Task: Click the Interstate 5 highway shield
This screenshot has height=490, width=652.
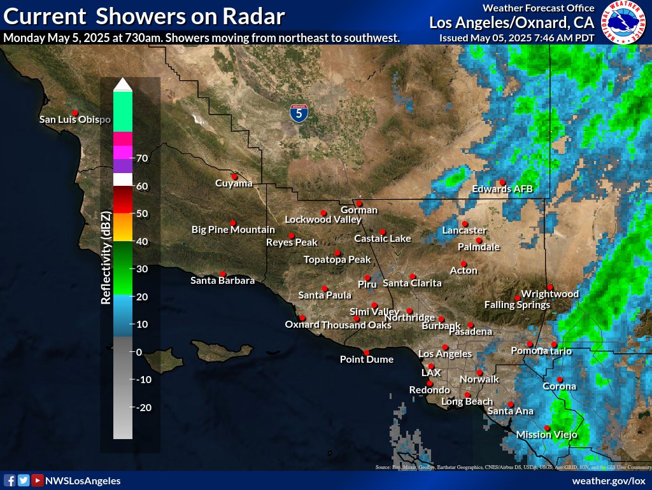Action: click(299, 113)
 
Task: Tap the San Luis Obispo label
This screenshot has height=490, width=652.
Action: click(75, 119)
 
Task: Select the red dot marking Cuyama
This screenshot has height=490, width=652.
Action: click(234, 177)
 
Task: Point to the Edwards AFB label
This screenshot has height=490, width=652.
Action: click(502, 189)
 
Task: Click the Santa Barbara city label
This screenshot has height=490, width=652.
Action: click(223, 281)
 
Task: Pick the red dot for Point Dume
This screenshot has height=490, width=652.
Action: click(366, 353)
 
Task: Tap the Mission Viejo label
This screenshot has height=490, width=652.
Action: click(546, 435)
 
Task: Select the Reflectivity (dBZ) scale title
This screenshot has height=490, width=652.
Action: click(106, 258)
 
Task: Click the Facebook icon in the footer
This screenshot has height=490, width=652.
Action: click(10, 481)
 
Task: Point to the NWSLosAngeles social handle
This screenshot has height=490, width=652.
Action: click(83, 481)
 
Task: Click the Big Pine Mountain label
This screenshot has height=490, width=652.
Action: click(233, 230)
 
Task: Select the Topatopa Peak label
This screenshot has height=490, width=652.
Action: click(337, 260)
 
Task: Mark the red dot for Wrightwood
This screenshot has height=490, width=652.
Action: click(549, 287)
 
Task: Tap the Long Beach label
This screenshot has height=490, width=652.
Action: click(467, 402)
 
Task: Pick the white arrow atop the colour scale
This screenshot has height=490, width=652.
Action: click(123, 84)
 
